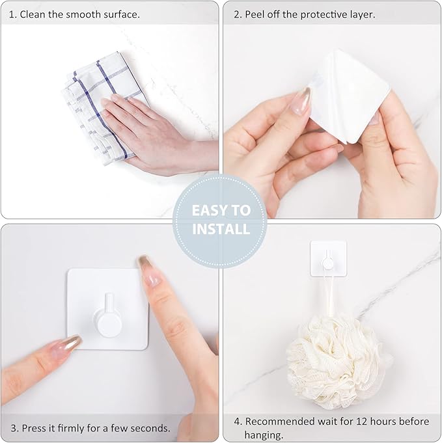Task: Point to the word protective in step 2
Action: click(x=329, y=14)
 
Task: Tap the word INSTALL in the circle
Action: click(x=220, y=229)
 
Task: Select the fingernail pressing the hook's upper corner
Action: click(x=148, y=270)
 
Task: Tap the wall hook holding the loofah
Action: click(x=328, y=258)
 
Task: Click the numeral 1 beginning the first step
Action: click(x=11, y=14)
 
